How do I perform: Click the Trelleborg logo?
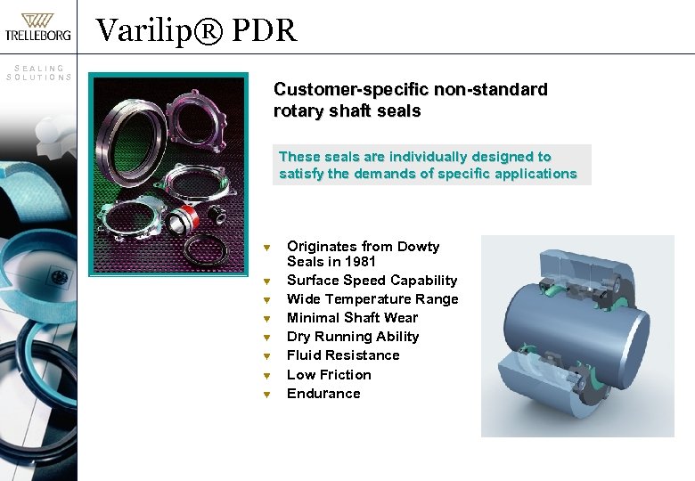click(37, 27)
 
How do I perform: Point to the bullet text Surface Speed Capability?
click(372, 281)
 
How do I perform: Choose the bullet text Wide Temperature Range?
click(372, 299)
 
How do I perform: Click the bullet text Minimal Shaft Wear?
click(352, 318)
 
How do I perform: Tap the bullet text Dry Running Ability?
click(353, 337)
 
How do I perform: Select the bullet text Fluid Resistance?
click(343, 355)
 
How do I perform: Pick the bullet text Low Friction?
click(329, 375)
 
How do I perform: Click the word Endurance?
click(323, 394)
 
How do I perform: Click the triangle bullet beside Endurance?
click(266, 394)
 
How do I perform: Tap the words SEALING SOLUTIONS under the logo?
click(38, 72)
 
